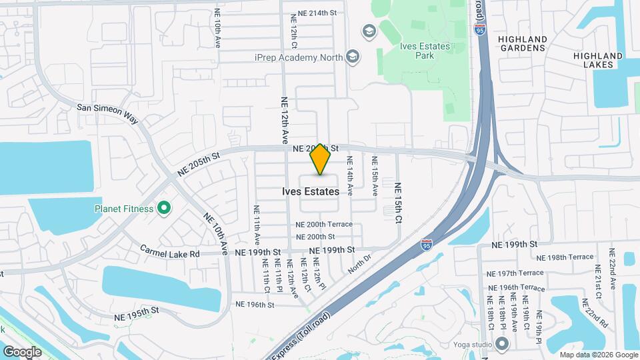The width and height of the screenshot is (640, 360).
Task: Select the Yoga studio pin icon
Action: [x=502, y=344]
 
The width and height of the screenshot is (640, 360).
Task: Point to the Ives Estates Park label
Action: [x=424, y=51]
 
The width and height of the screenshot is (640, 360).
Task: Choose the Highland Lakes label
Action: [x=598, y=60]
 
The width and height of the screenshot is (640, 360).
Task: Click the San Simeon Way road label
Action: [x=107, y=113]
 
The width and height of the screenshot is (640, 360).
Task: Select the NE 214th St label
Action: [x=317, y=13]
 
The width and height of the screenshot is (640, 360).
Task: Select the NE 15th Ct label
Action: [x=398, y=202]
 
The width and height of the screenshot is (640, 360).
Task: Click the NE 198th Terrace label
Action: [x=564, y=257]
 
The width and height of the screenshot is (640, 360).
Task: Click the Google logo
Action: [x=22, y=351]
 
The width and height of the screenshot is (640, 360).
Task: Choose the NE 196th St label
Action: [x=255, y=305]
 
